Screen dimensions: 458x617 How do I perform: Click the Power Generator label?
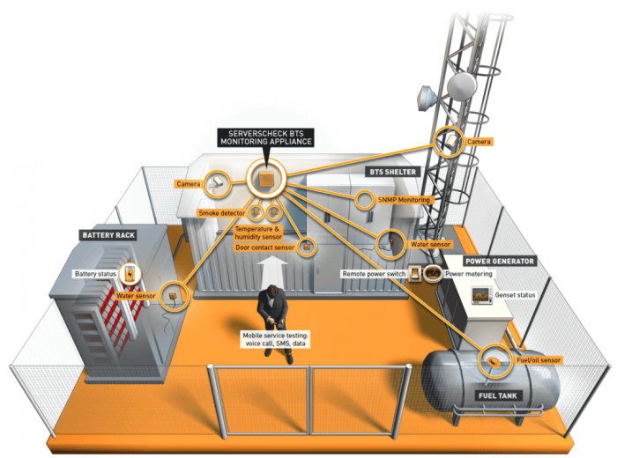501,262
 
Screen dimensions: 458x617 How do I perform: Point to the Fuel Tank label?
499,395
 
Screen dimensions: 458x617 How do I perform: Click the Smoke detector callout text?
222,213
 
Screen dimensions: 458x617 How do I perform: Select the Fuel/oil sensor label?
538,360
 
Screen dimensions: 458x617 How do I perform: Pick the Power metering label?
467,274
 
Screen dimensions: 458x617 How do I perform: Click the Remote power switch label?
374,274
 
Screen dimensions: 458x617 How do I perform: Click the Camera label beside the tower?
479,140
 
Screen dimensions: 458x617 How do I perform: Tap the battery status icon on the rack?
130,274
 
